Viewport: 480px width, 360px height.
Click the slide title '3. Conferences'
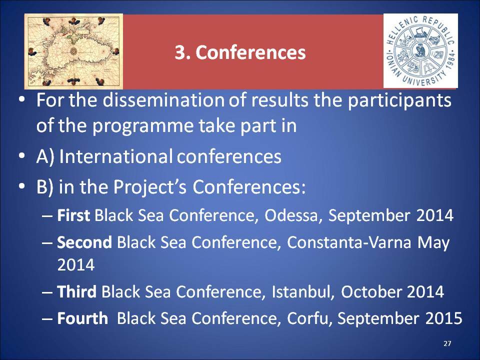click(x=240, y=52)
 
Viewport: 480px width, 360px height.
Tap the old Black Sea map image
click(x=73, y=51)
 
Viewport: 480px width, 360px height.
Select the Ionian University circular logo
click(x=420, y=51)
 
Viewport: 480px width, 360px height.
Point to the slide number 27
click(x=447, y=343)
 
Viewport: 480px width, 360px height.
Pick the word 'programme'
click(x=142, y=126)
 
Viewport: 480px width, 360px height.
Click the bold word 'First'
click(x=73, y=215)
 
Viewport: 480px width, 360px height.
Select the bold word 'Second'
click(x=84, y=242)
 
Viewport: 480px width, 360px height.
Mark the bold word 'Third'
click(x=77, y=291)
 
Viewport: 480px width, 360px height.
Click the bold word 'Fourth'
click(x=82, y=318)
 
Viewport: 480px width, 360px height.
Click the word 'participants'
click(x=399, y=100)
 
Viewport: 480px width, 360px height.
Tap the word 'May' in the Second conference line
click(x=433, y=243)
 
